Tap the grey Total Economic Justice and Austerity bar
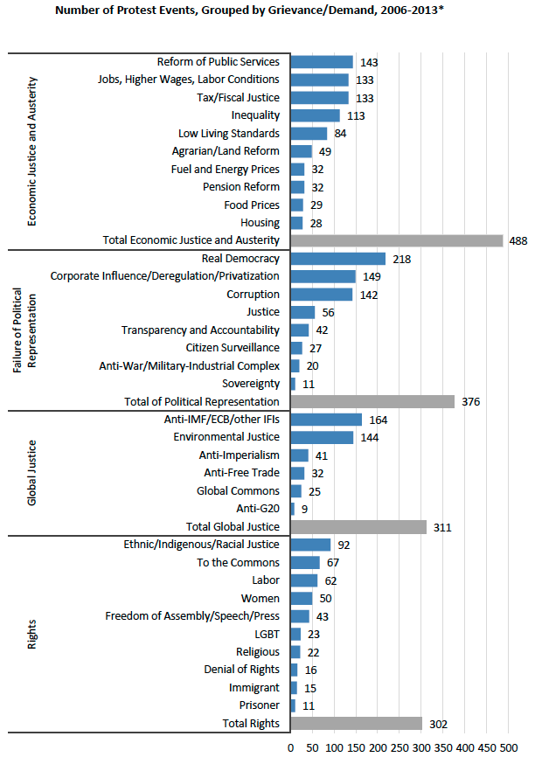click(397, 240)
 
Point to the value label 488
click(519, 240)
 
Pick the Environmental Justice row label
click(226, 437)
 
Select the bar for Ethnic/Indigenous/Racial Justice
click(310, 545)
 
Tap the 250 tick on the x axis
click(400, 748)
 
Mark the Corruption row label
click(253, 295)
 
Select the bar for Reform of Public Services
click(322, 62)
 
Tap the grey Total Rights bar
click(356, 724)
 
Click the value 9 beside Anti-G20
click(303, 509)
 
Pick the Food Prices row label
click(253, 205)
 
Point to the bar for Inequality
click(315, 115)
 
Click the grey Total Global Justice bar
click(358, 527)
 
